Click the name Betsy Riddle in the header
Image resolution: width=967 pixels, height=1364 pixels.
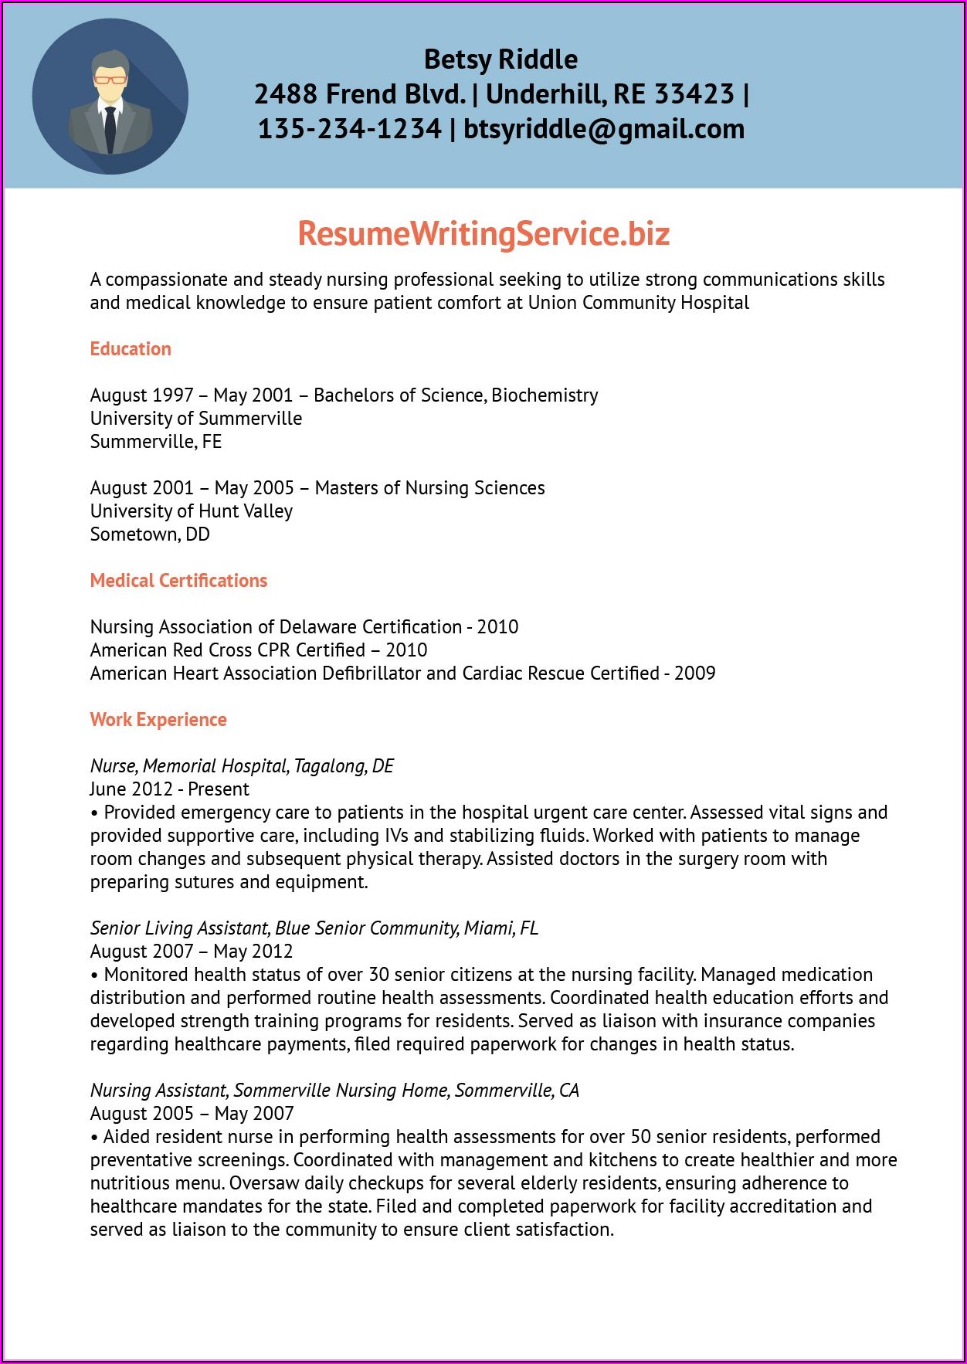tap(500, 59)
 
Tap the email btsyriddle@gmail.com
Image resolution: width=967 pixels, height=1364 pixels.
tap(604, 129)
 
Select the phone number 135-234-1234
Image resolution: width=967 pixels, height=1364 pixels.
tap(349, 129)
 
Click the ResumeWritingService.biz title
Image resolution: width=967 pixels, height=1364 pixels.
tap(483, 233)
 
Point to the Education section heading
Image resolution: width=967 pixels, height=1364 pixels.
tap(131, 349)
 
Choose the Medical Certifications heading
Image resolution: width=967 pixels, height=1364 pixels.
tap(178, 581)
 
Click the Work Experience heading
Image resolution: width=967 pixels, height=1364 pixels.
tap(158, 720)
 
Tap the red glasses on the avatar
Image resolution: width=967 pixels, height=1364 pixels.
tap(110, 79)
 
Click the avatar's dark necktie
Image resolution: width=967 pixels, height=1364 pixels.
tap(110, 127)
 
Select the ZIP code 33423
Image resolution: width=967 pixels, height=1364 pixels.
tap(694, 94)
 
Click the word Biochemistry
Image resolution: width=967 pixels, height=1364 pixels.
tap(545, 395)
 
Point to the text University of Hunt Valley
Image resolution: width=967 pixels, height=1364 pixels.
tap(192, 511)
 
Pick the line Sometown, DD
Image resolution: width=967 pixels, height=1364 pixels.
tap(150, 534)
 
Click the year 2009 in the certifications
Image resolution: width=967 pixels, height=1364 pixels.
tap(694, 674)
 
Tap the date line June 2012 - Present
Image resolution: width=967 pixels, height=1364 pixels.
tap(170, 789)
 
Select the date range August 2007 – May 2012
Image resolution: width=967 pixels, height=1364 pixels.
tap(192, 952)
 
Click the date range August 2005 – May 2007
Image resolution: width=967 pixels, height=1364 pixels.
tap(192, 1114)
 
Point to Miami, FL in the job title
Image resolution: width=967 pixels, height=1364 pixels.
tap(500, 928)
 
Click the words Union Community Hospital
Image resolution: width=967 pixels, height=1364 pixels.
tap(638, 303)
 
